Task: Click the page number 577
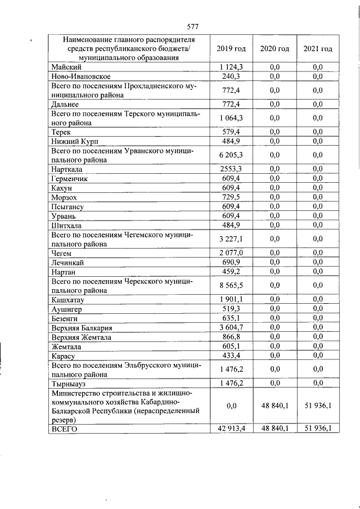193,26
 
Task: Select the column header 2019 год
231,49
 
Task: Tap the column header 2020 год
274,49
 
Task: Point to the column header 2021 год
318,49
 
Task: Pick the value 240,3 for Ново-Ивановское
231,76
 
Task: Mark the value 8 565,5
231,285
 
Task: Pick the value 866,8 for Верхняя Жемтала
231,337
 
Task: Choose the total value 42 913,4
231,429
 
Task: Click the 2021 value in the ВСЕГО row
318,429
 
